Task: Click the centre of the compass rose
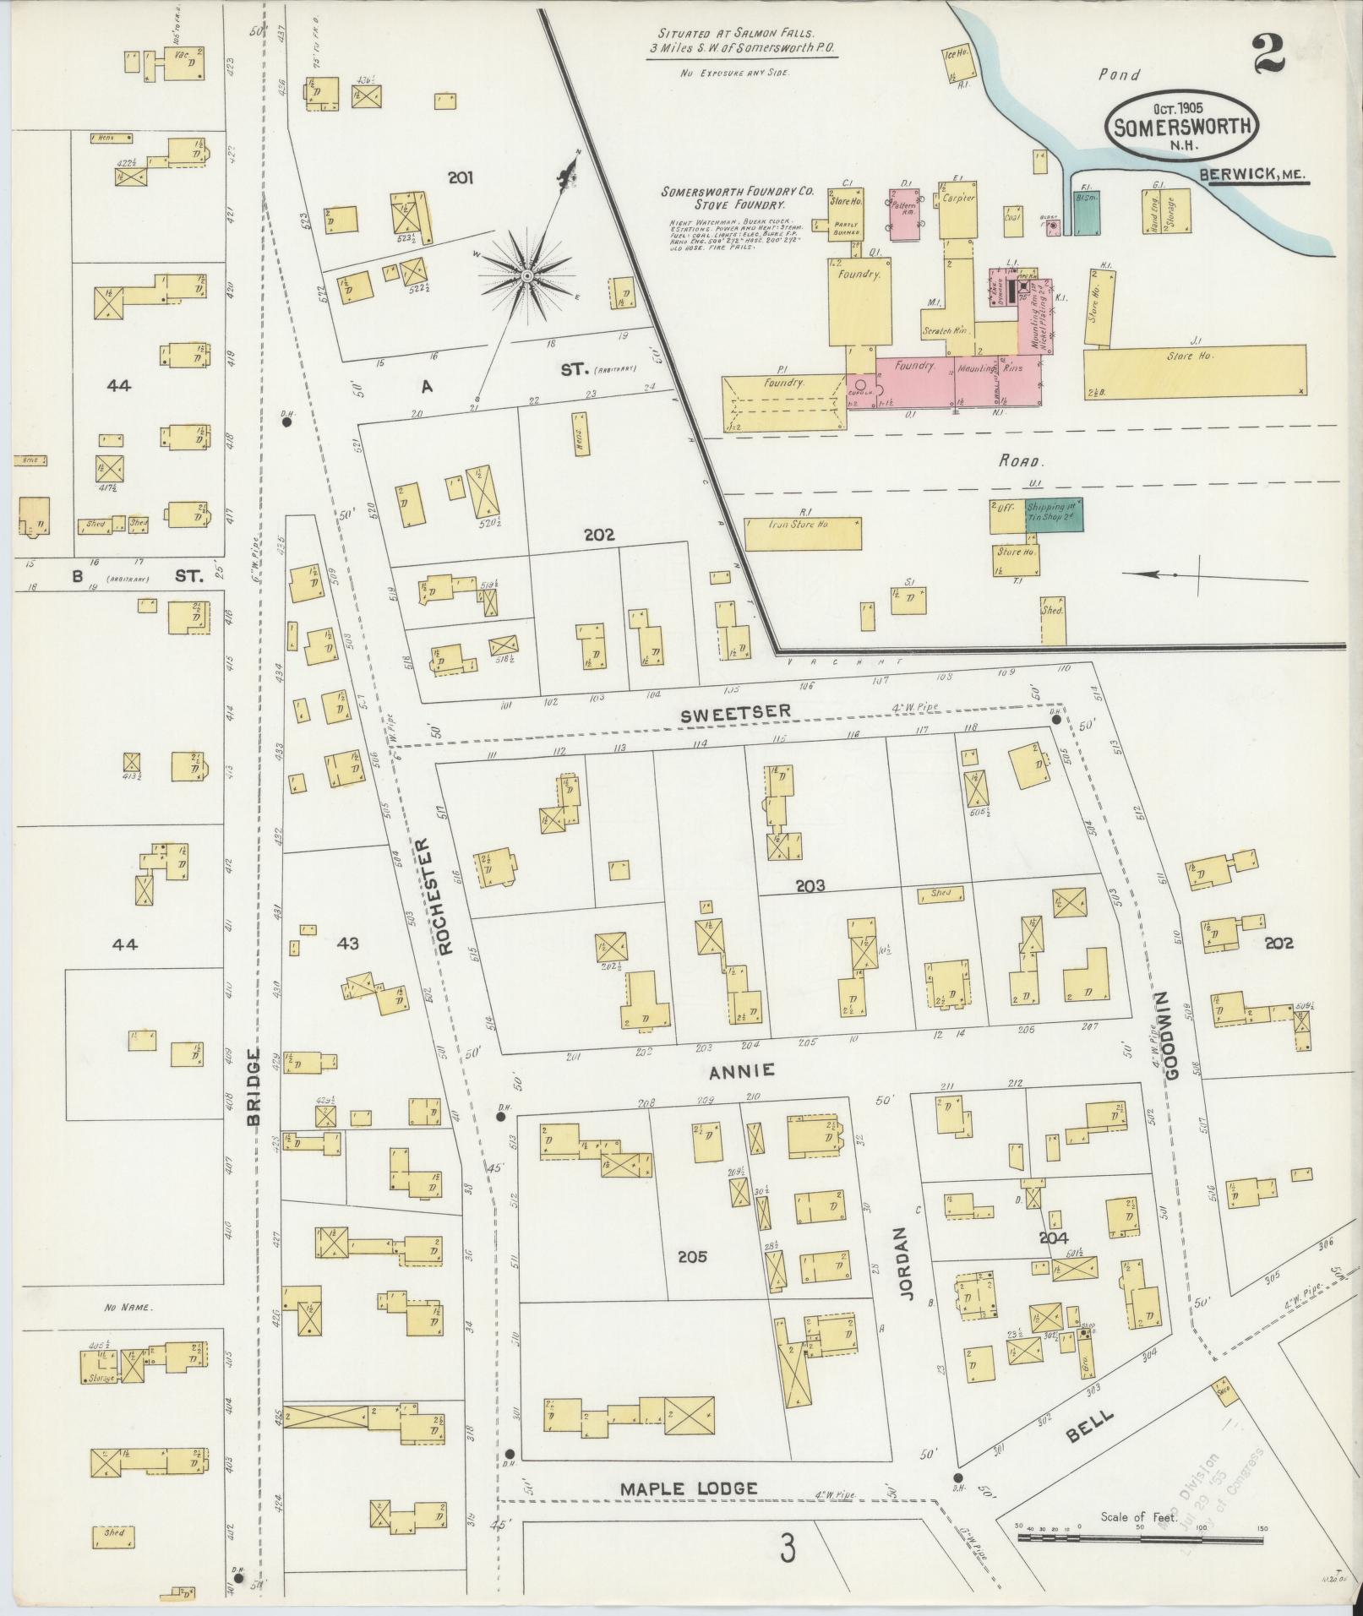click(x=526, y=276)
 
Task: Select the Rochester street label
click(x=447, y=895)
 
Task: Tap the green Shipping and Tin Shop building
click(x=1054, y=515)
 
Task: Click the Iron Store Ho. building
click(x=802, y=534)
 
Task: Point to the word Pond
click(x=1119, y=75)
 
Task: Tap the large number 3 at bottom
click(x=788, y=1548)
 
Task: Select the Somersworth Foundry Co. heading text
click(x=737, y=198)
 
